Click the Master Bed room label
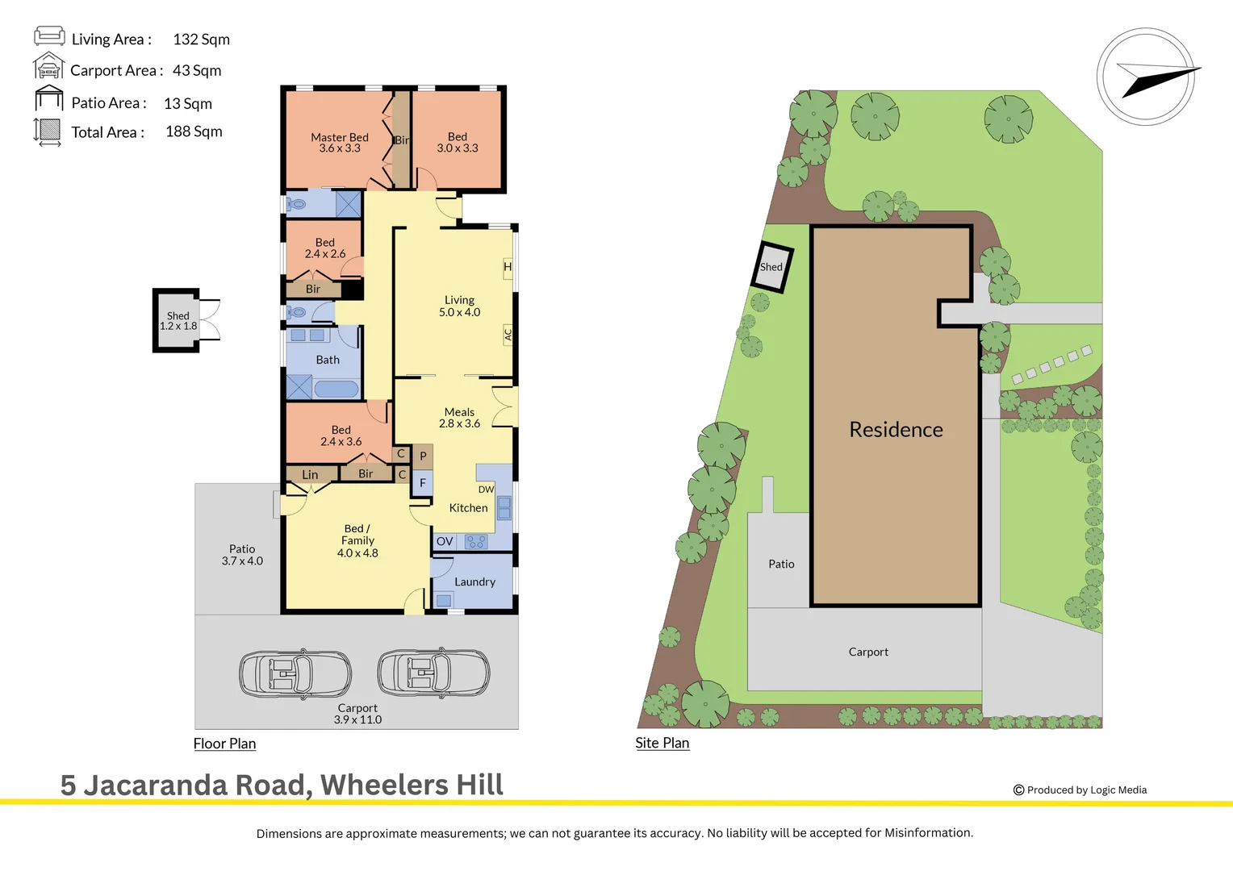[x=339, y=143]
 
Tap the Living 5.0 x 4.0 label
[x=459, y=306]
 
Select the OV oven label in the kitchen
[x=445, y=542]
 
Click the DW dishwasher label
[x=486, y=490]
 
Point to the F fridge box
[x=423, y=483]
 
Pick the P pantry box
[x=423, y=456]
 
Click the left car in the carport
[x=295, y=673]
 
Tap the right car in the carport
[x=433, y=672]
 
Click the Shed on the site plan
[x=772, y=266]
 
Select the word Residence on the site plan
[x=896, y=430]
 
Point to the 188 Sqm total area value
[x=194, y=131]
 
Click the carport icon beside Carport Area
[x=48, y=66]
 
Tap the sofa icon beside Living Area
[x=49, y=35]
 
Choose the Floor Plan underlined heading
[x=224, y=744]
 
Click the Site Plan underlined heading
[x=662, y=743]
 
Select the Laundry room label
[x=474, y=581]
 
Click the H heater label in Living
[x=508, y=267]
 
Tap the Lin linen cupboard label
[x=310, y=475]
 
